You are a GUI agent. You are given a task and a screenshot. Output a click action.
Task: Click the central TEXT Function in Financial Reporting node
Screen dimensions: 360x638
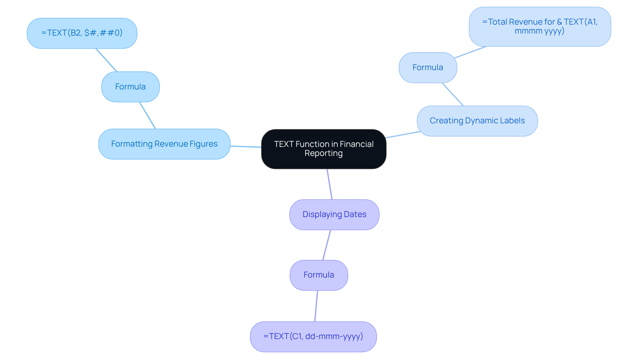click(323, 149)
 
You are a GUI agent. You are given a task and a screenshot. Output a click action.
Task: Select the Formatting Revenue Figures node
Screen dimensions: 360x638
click(164, 144)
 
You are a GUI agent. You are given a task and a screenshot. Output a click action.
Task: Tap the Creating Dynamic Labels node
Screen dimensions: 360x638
click(477, 121)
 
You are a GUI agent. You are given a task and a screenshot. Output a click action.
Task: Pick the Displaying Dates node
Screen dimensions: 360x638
click(334, 214)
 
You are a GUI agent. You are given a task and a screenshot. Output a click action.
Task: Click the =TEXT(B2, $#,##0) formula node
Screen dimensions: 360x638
click(82, 33)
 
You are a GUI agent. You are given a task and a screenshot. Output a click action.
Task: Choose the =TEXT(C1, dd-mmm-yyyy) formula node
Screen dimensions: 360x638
click(313, 336)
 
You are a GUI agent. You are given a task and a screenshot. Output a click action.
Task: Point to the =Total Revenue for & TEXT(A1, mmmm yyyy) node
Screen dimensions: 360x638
click(540, 27)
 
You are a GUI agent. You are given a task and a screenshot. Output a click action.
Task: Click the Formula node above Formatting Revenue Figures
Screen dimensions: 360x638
click(130, 87)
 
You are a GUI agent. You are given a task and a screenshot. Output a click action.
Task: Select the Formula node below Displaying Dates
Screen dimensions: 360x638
click(319, 275)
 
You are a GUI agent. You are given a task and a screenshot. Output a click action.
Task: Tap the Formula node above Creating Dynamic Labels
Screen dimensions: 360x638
click(428, 67)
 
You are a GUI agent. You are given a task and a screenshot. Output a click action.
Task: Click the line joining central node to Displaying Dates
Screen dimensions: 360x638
click(329, 184)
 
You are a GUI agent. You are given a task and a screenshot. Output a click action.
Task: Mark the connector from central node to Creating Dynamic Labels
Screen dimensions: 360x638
click(403, 135)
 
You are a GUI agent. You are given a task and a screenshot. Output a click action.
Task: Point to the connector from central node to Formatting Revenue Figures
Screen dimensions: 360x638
click(246, 146)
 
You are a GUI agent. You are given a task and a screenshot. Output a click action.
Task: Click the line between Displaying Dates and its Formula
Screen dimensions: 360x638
click(327, 245)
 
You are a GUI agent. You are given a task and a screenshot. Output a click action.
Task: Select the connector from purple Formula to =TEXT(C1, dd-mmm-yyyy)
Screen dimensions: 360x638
click(316, 306)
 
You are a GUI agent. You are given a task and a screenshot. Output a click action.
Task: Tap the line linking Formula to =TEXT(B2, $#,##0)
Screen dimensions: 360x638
click(106, 60)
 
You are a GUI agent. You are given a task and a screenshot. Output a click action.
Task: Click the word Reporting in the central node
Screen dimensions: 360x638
click(323, 153)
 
